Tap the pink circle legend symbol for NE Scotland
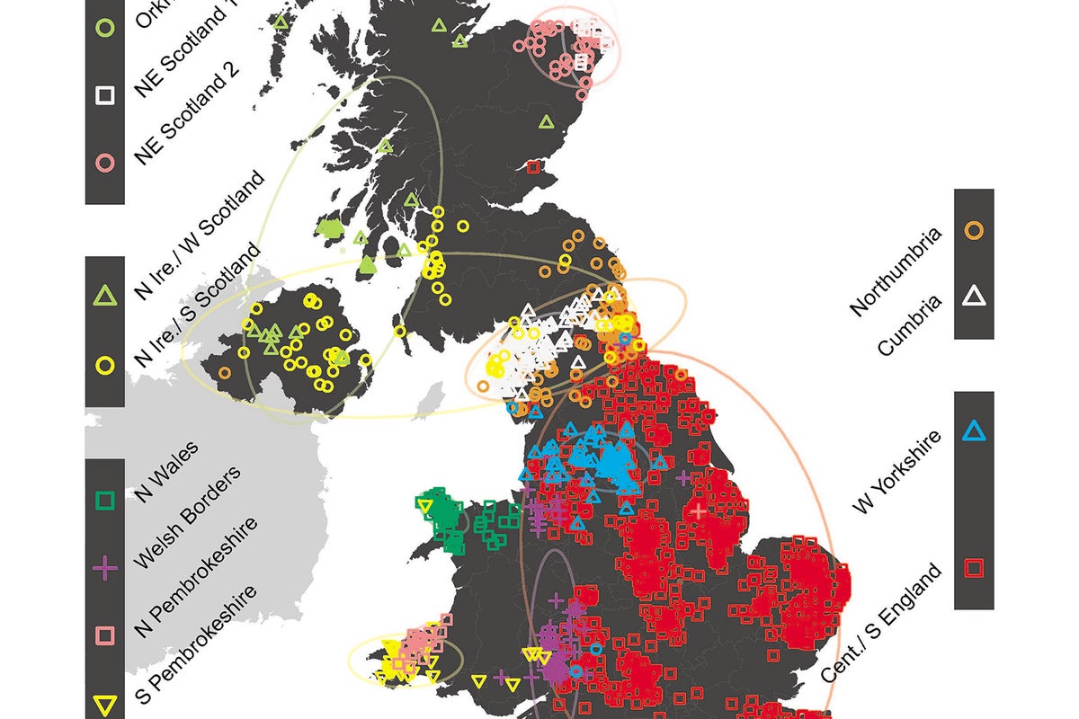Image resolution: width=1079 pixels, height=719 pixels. pyautogui.click(x=105, y=163)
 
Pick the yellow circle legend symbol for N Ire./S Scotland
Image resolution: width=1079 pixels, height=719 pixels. pyautogui.click(x=105, y=365)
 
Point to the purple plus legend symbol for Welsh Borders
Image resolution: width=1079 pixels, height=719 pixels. pyautogui.click(x=105, y=568)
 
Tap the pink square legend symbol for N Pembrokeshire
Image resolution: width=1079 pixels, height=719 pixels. pyautogui.click(x=105, y=635)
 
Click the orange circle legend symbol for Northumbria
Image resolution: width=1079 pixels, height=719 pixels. pyautogui.click(x=974, y=229)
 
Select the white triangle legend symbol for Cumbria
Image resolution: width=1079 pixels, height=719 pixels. pyautogui.click(x=974, y=297)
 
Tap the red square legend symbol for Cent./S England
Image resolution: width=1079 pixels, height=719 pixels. pyautogui.click(x=974, y=567)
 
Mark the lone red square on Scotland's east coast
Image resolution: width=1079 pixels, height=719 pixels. pyautogui.click(x=533, y=167)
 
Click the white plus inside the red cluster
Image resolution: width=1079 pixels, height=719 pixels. pyautogui.click(x=699, y=510)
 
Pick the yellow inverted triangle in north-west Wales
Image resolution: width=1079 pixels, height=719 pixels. pyautogui.click(x=426, y=508)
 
